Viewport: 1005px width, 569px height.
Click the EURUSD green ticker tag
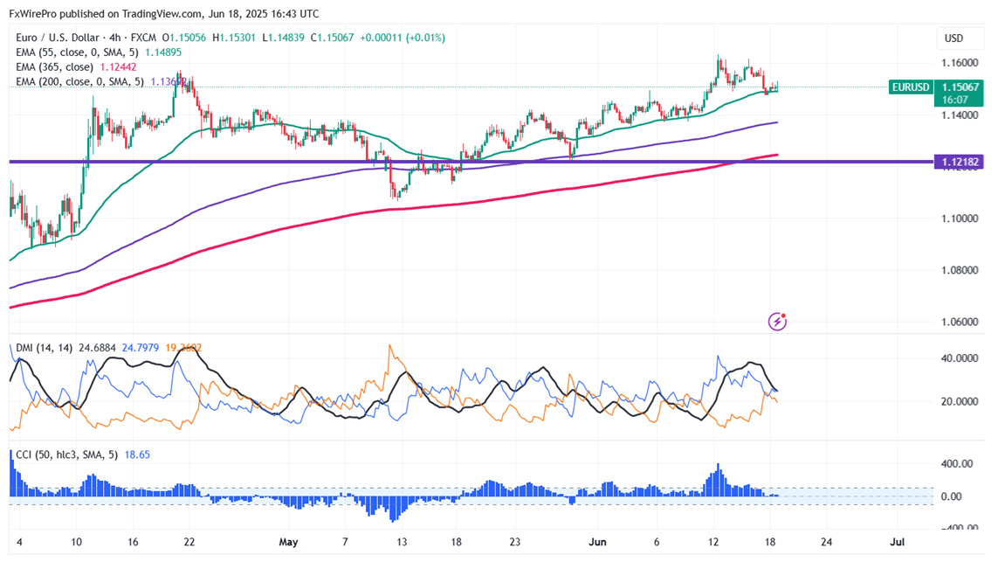click(x=909, y=87)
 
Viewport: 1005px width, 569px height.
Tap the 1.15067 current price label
click(x=959, y=87)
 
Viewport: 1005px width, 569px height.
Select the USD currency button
click(x=953, y=38)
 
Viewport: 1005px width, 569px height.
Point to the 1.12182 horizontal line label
click(x=959, y=162)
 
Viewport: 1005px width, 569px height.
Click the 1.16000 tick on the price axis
click(x=959, y=63)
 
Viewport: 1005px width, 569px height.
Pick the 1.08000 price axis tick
click(x=959, y=270)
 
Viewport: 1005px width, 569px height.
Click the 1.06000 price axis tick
click(x=959, y=322)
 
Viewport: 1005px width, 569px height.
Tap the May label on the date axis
click(x=288, y=542)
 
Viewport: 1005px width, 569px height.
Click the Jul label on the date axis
click(x=896, y=542)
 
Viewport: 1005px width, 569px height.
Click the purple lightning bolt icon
click(x=777, y=322)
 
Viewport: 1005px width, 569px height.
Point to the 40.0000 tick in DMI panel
click(x=959, y=358)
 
